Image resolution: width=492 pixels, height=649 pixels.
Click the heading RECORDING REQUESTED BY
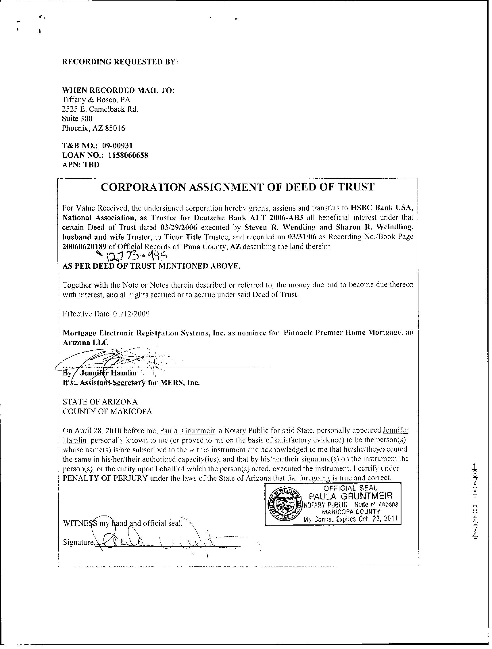pyautogui.click(x=120, y=62)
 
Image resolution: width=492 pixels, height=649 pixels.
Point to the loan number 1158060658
pyautogui.click(x=128, y=155)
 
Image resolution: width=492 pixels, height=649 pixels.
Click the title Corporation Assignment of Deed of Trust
pyautogui.click(x=237, y=187)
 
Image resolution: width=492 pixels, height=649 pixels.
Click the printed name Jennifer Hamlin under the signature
pyautogui.click(x=108, y=373)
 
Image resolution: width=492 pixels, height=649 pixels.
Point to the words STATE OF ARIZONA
pyautogui.click(x=100, y=402)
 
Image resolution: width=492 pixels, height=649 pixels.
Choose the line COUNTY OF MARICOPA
pyautogui.click(x=107, y=411)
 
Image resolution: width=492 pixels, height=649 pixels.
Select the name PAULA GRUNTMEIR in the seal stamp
pyautogui.click(x=351, y=496)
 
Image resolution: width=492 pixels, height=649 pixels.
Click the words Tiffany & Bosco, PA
pyautogui.click(x=96, y=100)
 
